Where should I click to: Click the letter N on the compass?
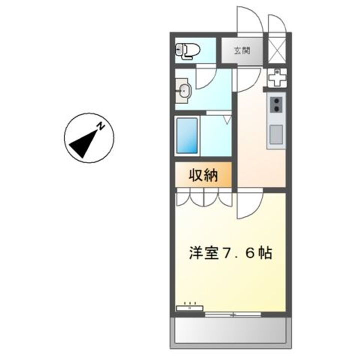pos(100,127)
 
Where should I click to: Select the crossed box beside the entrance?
pos(277,50)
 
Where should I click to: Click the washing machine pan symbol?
pos(276,78)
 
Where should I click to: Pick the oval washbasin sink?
pos(184,91)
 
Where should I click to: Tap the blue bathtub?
pos(187,135)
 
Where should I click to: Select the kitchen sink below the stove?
pos(276,134)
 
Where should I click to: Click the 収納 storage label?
pos(203,175)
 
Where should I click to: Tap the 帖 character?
pos(264,253)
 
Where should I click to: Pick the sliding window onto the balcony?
pos(233,314)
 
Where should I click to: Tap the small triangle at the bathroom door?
pos(227,119)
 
